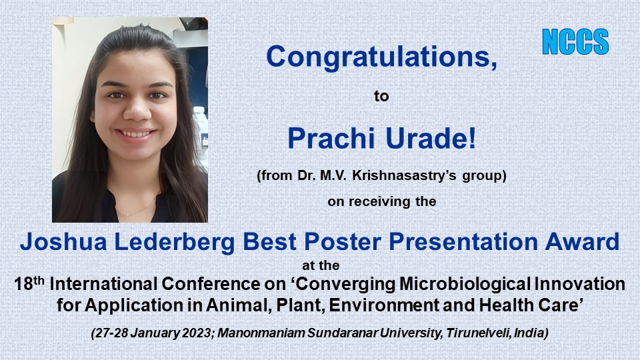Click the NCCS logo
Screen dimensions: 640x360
pyautogui.click(x=575, y=41)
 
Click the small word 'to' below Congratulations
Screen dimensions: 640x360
pyautogui.click(x=381, y=96)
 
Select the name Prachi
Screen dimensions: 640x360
pyautogui.click(x=331, y=139)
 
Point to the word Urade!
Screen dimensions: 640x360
pyautogui.click(x=431, y=139)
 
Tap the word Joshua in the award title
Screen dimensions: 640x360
pyautogui.click(x=64, y=241)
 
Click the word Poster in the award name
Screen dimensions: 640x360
pyautogui.click(x=343, y=241)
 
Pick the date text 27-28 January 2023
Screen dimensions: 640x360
pyautogui.click(x=153, y=333)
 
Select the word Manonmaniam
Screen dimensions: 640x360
pyautogui.click(x=261, y=333)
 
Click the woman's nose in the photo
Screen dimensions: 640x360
pyautogui.click(x=136, y=110)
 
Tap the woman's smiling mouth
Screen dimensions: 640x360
pyautogui.click(x=136, y=134)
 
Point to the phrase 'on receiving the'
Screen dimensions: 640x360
pyautogui.click(x=381, y=201)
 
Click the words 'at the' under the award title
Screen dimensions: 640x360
pyautogui.click(x=321, y=266)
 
